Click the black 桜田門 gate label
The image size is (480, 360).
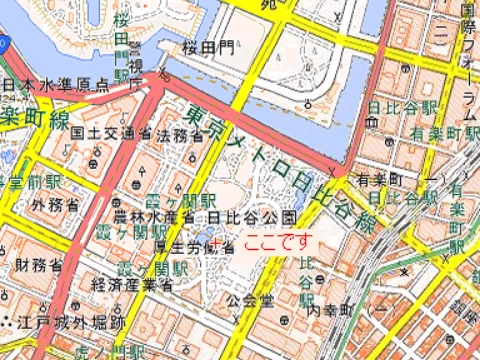point(209,47)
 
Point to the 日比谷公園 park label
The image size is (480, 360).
point(253,216)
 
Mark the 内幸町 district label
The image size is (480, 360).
point(327,312)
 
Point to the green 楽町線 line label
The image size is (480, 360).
point(33,117)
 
